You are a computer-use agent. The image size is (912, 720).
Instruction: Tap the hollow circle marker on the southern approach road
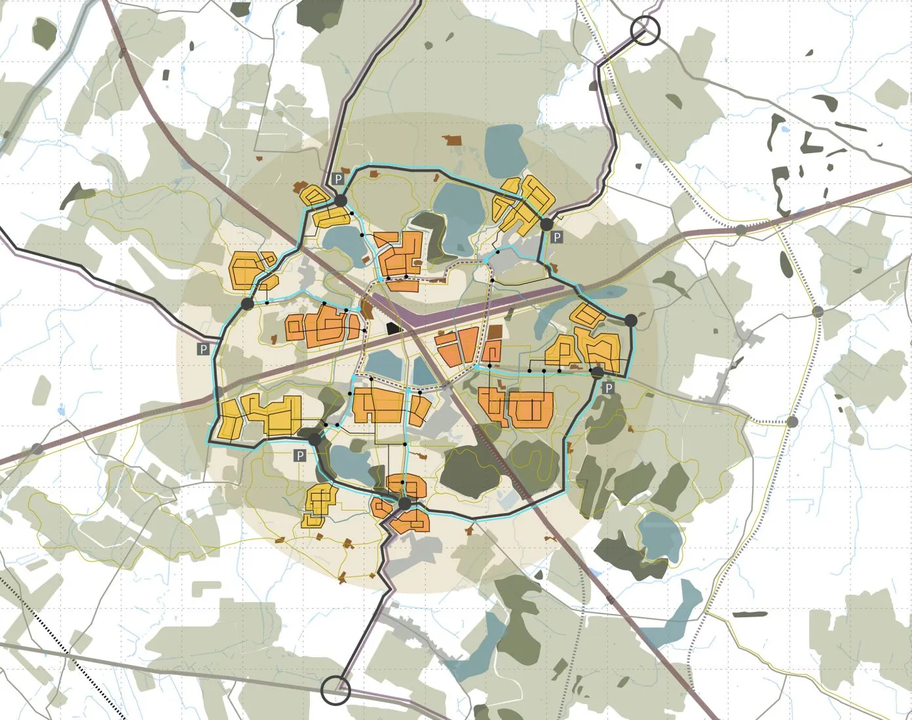tap(336, 690)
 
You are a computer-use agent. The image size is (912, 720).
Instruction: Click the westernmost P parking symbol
tap(204, 349)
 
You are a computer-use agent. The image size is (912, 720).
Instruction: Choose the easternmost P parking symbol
tap(608, 388)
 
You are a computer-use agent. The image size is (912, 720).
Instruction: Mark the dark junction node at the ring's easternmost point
tap(631, 320)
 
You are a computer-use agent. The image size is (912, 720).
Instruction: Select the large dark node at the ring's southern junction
tap(404, 503)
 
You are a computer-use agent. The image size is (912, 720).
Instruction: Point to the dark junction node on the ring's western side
tap(247, 304)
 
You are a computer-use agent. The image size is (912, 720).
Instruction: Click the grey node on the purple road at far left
tap(37, 449)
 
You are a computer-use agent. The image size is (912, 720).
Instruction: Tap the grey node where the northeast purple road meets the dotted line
tap(740, 229)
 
